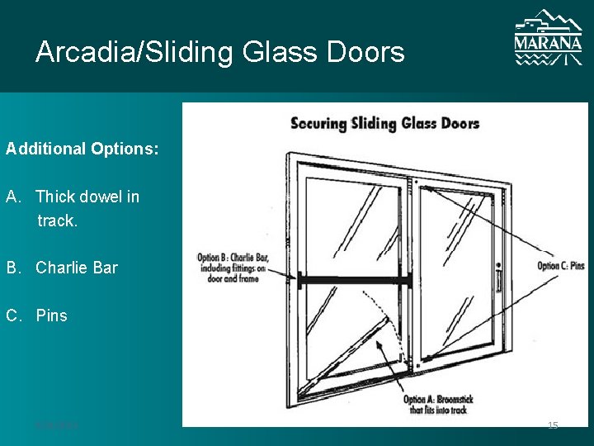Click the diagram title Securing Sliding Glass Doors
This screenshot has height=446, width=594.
tap(384, 124)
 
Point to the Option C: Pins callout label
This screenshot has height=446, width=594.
tap(560, 266)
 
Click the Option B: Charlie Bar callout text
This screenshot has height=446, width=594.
tap(233, 268)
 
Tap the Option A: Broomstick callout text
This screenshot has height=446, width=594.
tap(440, 405)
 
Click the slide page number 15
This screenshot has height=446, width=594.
tap(553, 425)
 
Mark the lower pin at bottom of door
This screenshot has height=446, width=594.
tap(418, 364)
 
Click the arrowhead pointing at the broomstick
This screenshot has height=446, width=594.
tap(379, 346)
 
